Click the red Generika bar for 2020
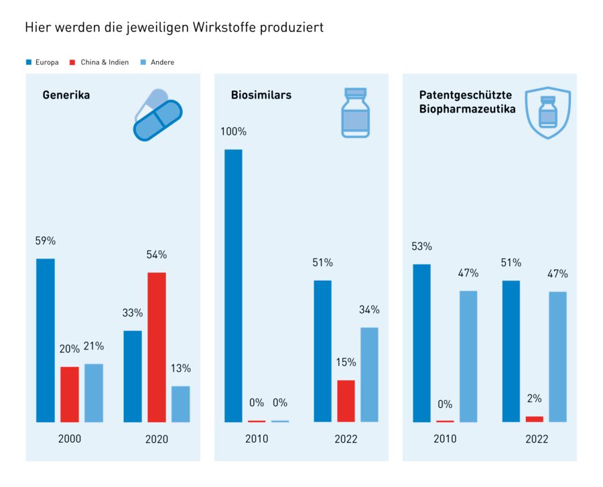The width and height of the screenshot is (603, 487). tap(157, 347)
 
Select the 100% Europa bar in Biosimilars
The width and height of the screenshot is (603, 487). tap(233, 285)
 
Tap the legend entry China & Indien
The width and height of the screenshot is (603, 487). tap(100, 62)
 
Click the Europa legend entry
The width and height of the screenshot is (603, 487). tap(42, 62)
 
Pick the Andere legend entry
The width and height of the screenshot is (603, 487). tap(157, 62)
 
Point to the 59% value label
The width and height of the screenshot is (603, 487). tap(46, 240)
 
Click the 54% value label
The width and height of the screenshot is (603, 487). tap(157, 255)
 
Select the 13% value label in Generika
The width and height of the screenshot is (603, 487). tap(180, 368)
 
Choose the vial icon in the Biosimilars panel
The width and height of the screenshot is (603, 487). tap(355, 113)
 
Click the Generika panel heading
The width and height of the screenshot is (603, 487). tap(66, 95)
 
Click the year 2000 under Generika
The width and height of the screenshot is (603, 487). tap(69, 439)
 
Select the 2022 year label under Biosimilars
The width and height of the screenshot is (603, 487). tap(346, 439)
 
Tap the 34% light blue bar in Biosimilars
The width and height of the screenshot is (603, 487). tap(369, 374)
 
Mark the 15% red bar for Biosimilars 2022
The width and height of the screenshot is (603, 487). tap(346, 401)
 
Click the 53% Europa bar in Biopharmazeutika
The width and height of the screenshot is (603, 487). tap(421, 343)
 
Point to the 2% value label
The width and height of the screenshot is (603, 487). tap(534, 399)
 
